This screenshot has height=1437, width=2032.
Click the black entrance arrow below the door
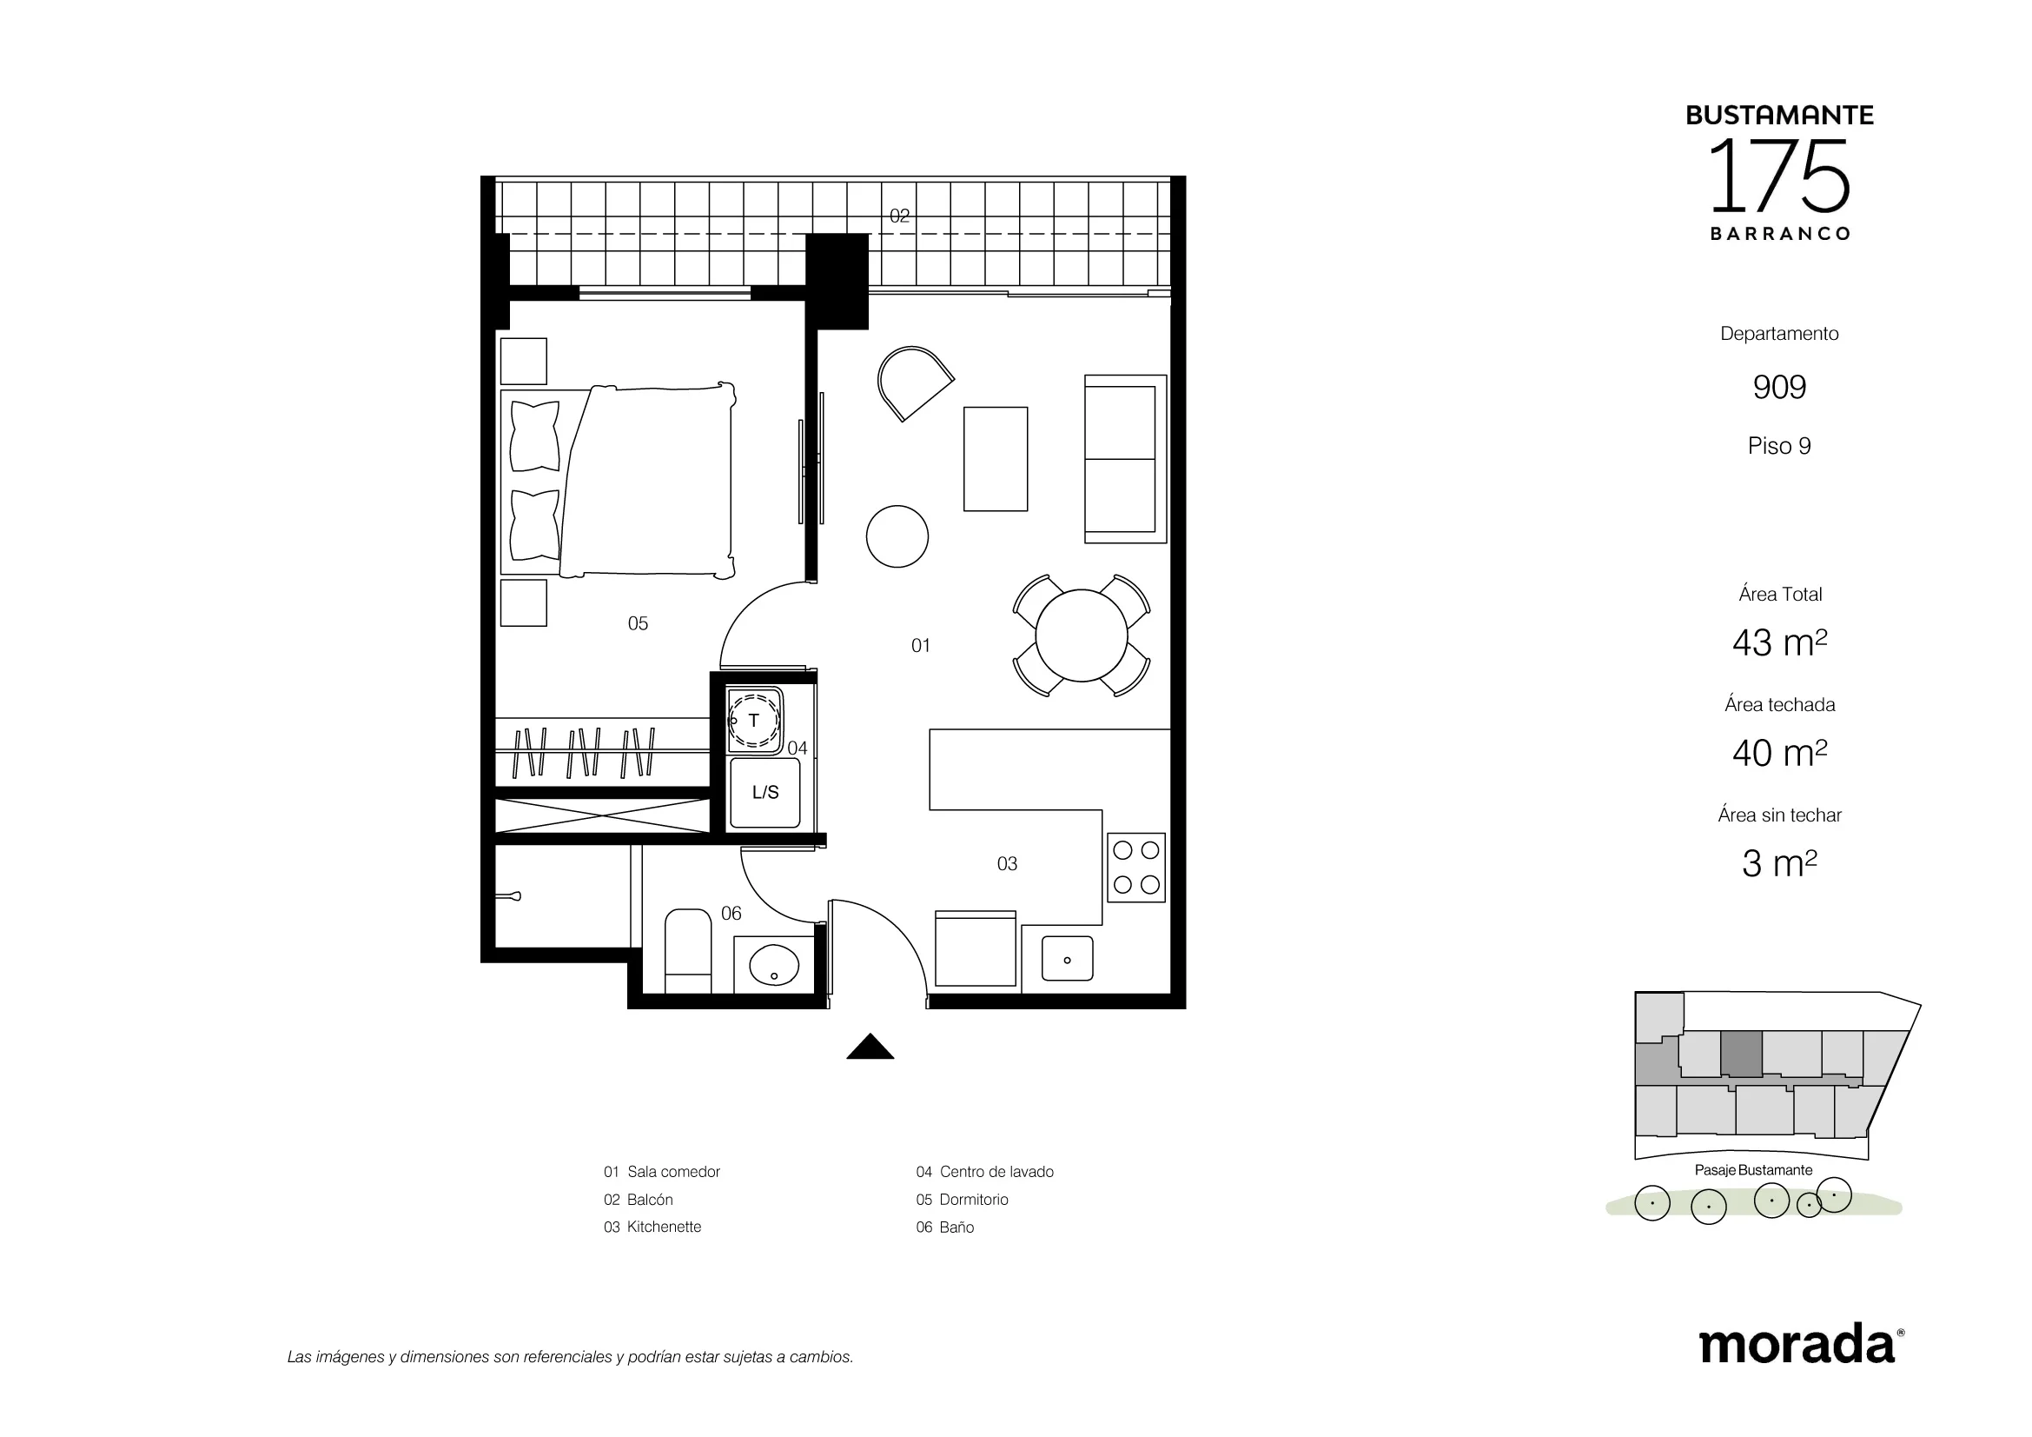pyautogui.click(x=870, y=1048)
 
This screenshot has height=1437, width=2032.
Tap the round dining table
pyautogui.click(x=1082, y=635)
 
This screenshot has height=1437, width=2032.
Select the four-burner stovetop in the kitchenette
pyautogui.click(x=1136, y=868)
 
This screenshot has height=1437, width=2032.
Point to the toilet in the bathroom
pyautogui.click(x=688, y=951)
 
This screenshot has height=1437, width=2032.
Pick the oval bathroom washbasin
pyautogui.click(x=774, y=965)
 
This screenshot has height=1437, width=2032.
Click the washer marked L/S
pyautogui.click(x=764, y=793)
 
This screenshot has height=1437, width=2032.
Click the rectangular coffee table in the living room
pyautogui.click(x=996, y=459)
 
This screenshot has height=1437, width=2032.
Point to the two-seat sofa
pyautogui.click(x=1126, y=459)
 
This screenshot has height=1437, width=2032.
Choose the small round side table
pyautogui.click(x=897, y=536)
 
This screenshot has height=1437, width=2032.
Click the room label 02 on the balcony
pyautogui.click(x=899, y=215)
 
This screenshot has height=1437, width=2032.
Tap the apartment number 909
pyautogui.click(x=1779, y=387)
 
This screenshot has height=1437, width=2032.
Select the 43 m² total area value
pyautogui.click(x=1779, y=642)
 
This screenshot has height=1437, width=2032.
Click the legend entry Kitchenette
pyautogui.click(x=664, y=1227)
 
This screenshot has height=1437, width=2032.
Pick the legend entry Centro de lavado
pyautogui.click(x=996, y=1172)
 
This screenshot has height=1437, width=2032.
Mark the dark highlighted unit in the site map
pyautogui.click(x=1741, y=1054)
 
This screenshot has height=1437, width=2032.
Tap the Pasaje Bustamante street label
pyautogui.click(x=1753, y=1170)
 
